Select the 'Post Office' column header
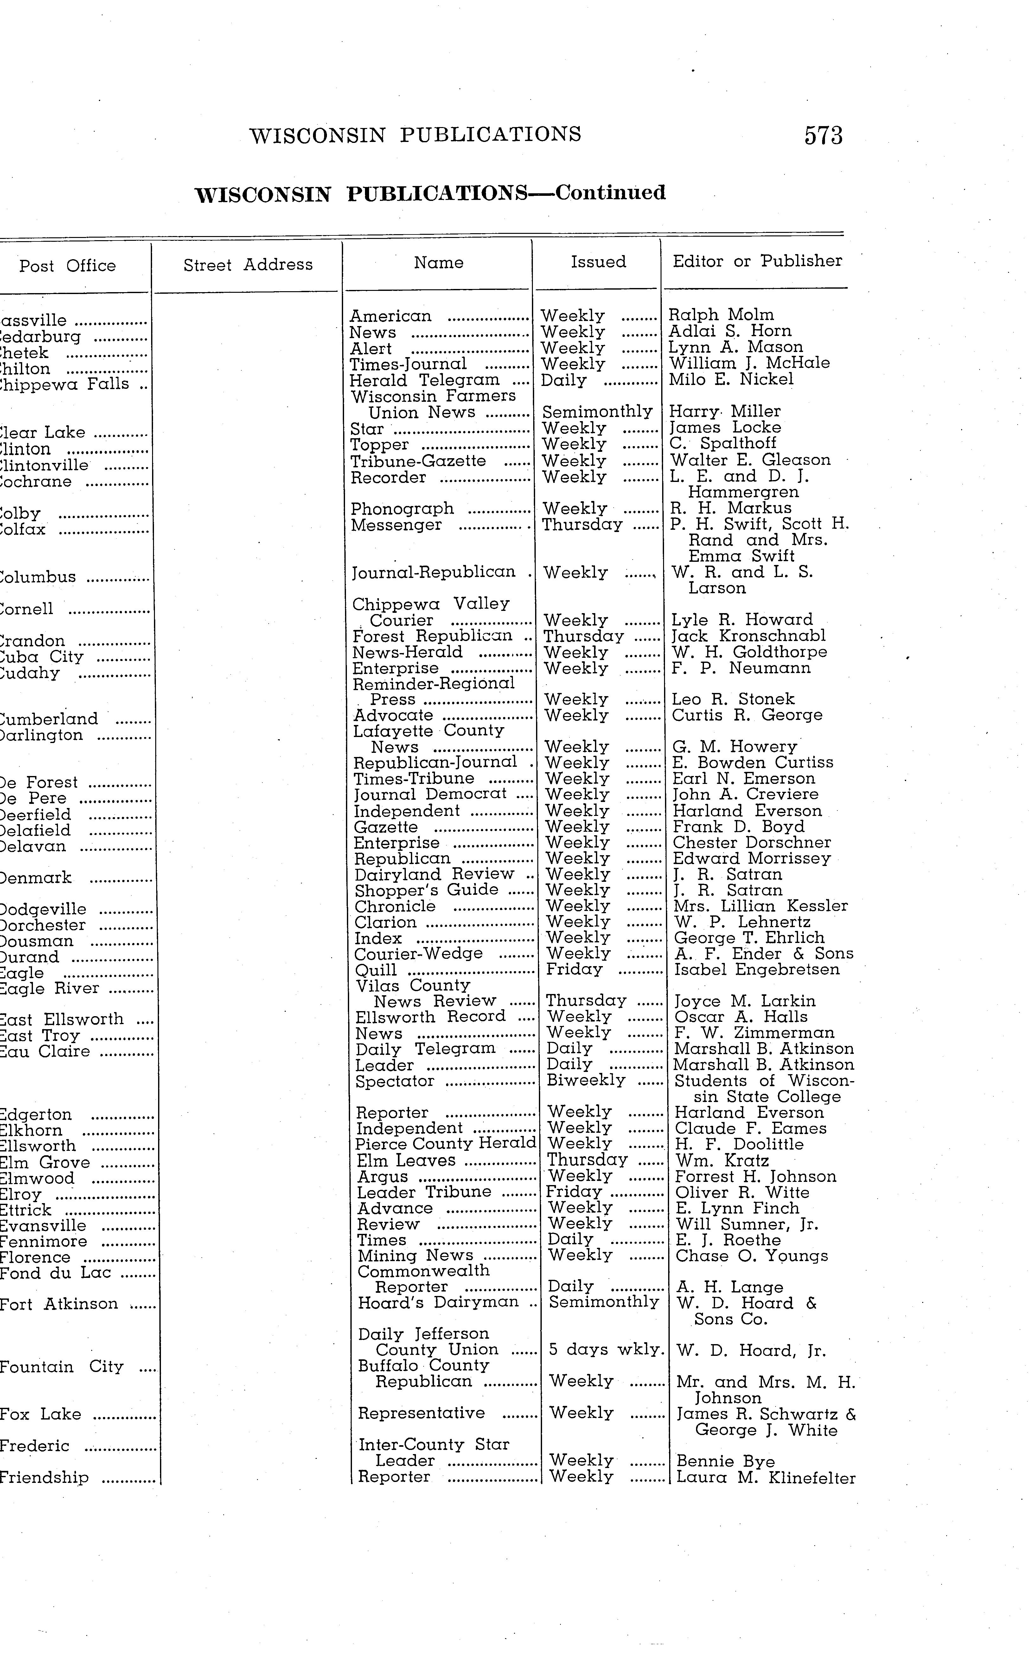[67, 266]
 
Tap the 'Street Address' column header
[248, 265]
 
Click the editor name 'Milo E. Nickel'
[731, 379]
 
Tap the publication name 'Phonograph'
[402, 509]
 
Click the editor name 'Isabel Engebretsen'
[757, 969]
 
